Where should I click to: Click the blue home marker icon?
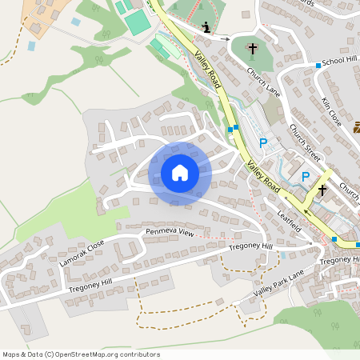click(179, 173)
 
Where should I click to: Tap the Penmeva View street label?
click(170, 232)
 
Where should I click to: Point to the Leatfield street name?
click(289, 216)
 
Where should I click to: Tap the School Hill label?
click(338, 61)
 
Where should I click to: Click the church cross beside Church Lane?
click(252, 49)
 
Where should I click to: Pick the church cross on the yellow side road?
click(322, 190)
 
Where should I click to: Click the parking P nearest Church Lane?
click(263, 143)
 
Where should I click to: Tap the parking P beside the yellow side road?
click(305, 176)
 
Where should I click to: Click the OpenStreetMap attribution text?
click(81, 354)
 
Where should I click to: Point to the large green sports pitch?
click(138, 22)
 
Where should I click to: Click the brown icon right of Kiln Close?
click(357, 126)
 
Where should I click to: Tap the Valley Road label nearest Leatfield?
click(262, 174)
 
